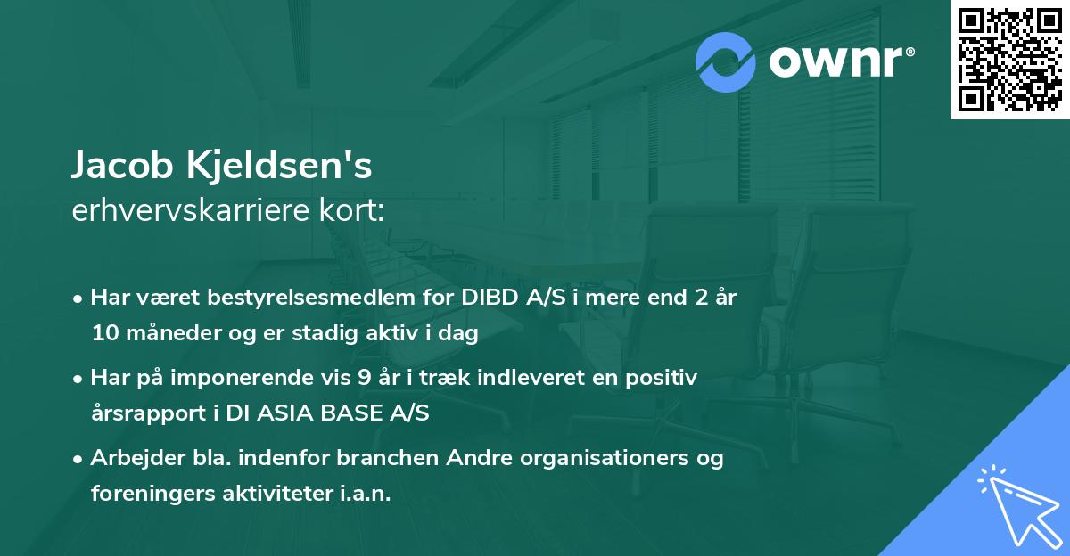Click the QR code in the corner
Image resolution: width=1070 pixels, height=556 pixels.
coord(1009,60)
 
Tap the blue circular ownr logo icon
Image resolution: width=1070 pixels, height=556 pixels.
coord(725,62)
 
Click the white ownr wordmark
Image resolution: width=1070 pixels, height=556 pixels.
coord(841,62)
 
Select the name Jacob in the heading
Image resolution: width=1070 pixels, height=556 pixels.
coord(122,165)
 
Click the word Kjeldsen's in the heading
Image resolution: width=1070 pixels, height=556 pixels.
coord(279,165)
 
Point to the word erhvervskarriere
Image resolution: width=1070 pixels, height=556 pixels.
coord(191,210)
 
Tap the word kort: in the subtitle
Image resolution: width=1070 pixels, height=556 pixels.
coord(351,210)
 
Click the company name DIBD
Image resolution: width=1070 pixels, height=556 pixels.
coord(490,298)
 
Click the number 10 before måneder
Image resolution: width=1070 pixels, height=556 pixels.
coord(105,333)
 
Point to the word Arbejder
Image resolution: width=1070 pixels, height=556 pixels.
coord(137,458)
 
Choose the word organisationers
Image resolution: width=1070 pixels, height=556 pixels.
coord(605,459)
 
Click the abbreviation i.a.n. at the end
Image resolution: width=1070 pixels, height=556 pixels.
coord(366,493)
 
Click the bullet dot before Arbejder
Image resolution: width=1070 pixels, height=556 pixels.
coord(78,460)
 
